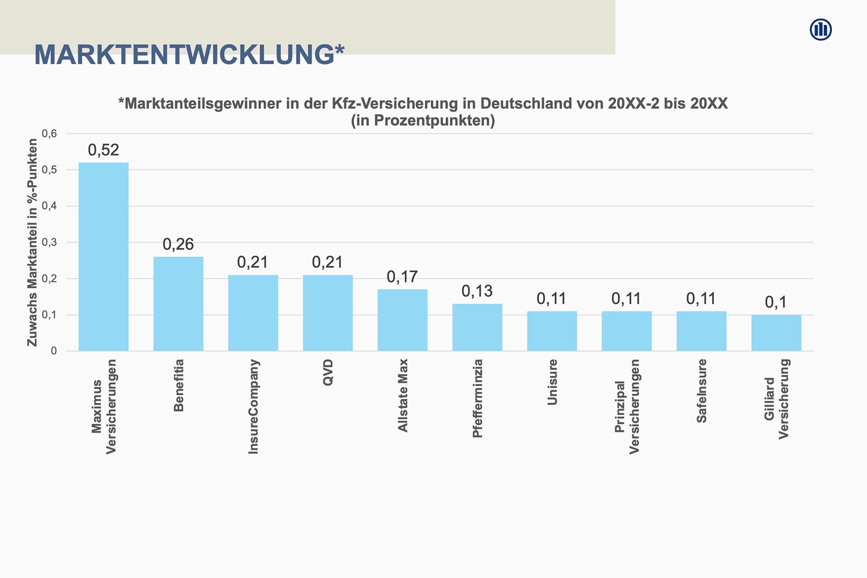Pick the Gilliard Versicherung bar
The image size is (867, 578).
776,333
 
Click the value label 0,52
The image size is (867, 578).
103,150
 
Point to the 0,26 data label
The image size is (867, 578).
178,244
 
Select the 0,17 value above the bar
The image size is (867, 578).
402,277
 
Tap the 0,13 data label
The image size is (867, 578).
477,291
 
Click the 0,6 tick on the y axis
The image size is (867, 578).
50,134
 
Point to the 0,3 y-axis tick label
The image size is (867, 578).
50,242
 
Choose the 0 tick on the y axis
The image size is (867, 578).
54,351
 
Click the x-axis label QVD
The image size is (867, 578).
328,373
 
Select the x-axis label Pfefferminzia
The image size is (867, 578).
478,398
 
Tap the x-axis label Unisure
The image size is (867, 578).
552,382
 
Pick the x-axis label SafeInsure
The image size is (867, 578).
702,391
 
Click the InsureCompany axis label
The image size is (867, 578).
254,406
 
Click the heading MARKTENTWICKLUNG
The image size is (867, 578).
189,55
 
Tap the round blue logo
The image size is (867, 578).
820,30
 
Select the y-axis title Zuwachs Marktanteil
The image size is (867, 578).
33,242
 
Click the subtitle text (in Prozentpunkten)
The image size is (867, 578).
423,121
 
